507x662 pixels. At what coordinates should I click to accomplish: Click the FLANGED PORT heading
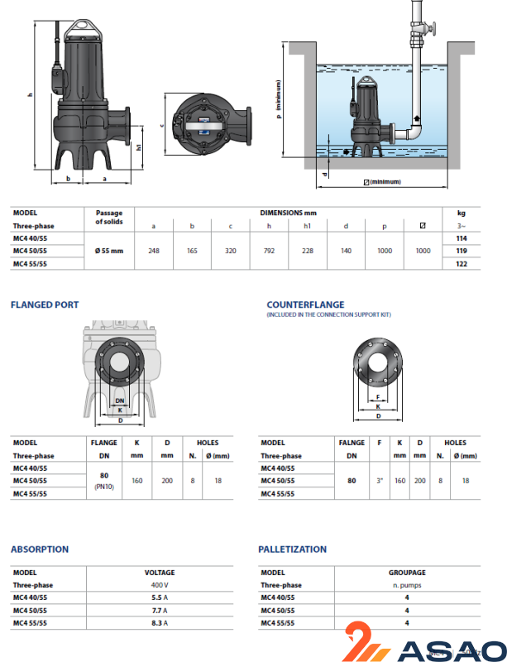pos(45,305)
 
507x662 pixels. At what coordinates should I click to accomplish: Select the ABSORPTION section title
pos(40,549)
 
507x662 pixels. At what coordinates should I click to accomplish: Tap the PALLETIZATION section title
pos(292,549)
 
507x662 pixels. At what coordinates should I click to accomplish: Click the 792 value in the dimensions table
pos(269,249)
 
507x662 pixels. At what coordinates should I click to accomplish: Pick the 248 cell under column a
pos(153,249)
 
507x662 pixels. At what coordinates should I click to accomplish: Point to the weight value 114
pos(462,237)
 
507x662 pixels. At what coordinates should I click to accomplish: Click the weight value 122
pos(462,262)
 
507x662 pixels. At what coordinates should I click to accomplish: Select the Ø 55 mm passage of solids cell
pos(109,249)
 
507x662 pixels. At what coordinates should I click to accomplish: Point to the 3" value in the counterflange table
pos(380,480)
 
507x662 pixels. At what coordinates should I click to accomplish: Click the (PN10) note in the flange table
pos(103,487)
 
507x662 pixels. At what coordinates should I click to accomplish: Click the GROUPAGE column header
pos(407,572)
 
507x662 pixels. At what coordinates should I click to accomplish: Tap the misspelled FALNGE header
pos(352,443)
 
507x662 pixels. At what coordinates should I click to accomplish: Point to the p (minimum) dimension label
pos(280,98)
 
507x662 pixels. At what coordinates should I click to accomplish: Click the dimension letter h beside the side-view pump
pos(30,96)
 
